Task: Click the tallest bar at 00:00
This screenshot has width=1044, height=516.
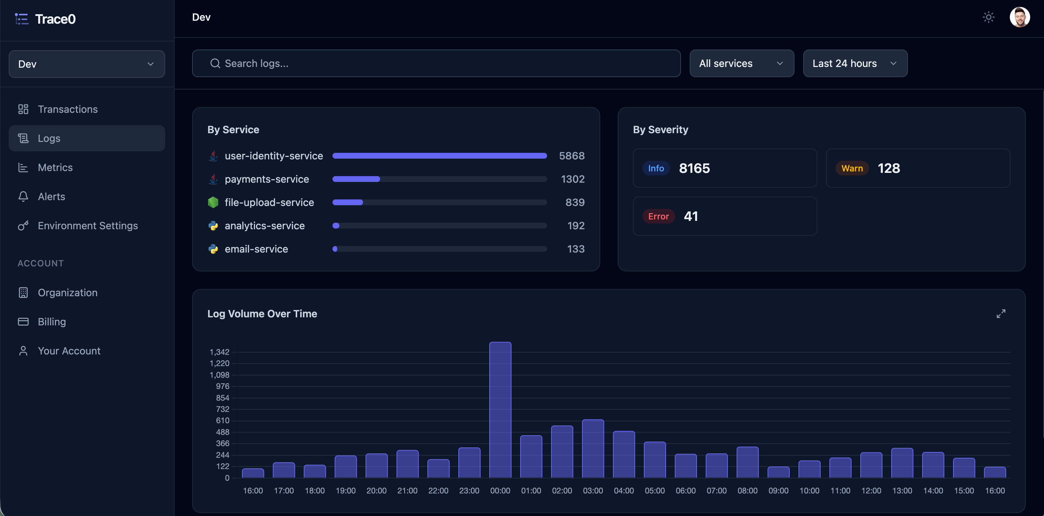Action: click(x=500, y=410)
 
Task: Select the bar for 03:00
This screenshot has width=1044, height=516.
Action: click(x=593, y=449)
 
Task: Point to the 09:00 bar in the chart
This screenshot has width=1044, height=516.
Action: click(x=778, y=472)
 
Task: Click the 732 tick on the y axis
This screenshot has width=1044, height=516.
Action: click(x=223, y=409)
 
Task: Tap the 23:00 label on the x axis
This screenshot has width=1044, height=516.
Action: click(x=469, y=491)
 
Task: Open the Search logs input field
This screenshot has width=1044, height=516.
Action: click(x=436, y=63)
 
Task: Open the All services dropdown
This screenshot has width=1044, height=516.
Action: click(x=742, y=63)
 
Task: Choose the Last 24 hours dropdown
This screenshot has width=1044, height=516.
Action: click(x=855, y=63)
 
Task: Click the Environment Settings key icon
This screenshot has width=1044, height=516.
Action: click(x=23, y=226)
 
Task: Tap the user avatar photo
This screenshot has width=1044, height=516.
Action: click(x=1020, y=17)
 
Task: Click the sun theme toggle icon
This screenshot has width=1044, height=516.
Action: click(x=988, y=17)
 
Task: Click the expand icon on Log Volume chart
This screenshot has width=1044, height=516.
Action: click(x=1001, y=314)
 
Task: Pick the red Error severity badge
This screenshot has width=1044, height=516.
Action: click(x=658, y=217)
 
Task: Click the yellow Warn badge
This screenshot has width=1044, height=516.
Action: click(x=852, y=168)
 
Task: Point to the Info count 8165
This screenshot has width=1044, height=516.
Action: click(x=694, y=168)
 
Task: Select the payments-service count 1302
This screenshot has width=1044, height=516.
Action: click(x=573, y=179)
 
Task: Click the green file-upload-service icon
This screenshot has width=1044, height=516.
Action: click(x=213, y=202)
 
